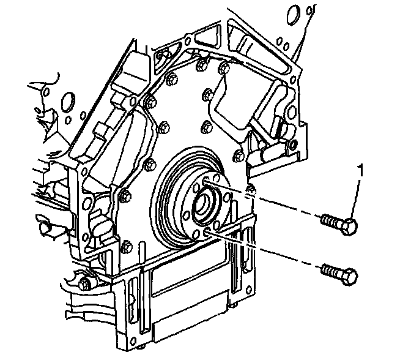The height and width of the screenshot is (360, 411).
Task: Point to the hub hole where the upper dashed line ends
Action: click(x=207, y=181)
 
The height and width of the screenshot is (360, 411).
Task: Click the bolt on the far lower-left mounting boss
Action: click(x=84, y=283)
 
